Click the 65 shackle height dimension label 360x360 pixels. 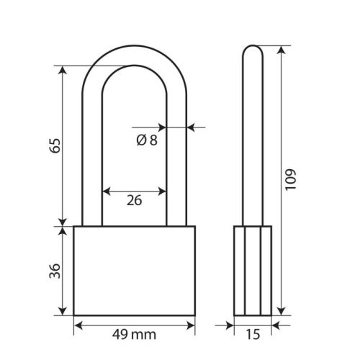click(x=55, y=145)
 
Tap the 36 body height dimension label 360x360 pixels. click(x=55, y=271)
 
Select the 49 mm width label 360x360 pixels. click(x=134, y=334)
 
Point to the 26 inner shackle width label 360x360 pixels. click(x=134, y=200)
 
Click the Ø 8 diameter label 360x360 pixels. click(x=147, y=140)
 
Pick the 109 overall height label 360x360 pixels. click(x=290, y=180)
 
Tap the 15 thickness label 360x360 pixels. click(x=253, y=334)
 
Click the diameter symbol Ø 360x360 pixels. click(x=141, y=140)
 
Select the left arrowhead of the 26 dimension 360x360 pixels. click(x=106, y=192)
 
